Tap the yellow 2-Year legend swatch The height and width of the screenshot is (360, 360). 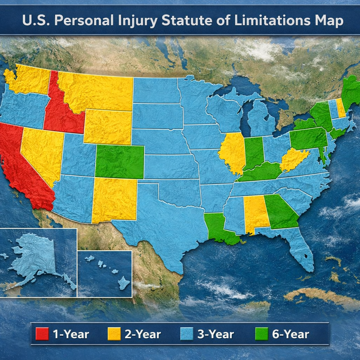coord(114,334)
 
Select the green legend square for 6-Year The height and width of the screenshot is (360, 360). coord(261,334)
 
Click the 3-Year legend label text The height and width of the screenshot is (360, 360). coord(215,334)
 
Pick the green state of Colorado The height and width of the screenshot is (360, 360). coord(120,162)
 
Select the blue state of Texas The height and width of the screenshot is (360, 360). coord(162,221)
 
